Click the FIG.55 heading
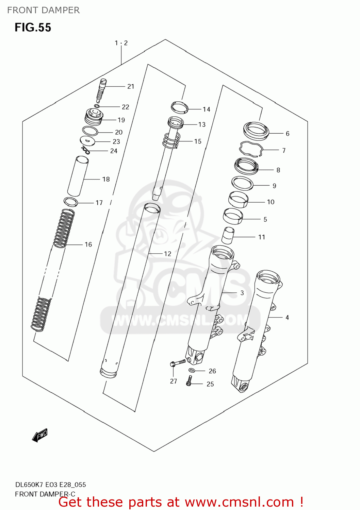[x=33, y=27]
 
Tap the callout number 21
[x=131, y=87]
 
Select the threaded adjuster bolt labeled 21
[x=101, y=90]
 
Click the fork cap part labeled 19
[x=94, y=116]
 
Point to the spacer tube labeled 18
[x=78, y=176]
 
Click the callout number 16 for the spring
[x=88, y=244]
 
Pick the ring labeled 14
[x=180, y=107]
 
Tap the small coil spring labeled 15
[x=171, y=141]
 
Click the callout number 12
[x=167, y=254]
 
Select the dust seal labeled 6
[x=256, y=131]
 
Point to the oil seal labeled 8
[x=246, y=166]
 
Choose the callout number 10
[x=271, y=202]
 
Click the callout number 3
[x=242, y=293]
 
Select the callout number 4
[x=287, y=318]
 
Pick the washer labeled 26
[x=192, y=370]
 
